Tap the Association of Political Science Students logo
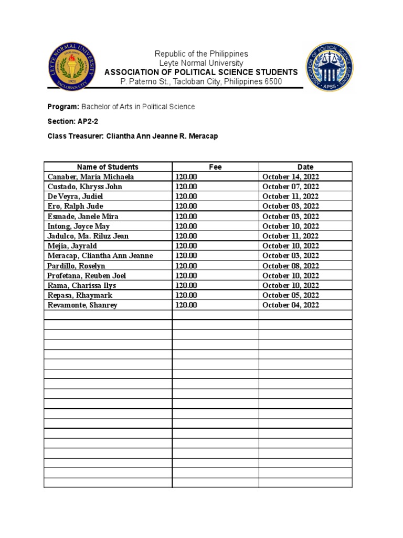[x=330, y=67]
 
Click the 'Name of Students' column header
[x=108, y=167]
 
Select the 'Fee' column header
[x=215, y=167]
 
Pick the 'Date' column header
[x=305, y=167]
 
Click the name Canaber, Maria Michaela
[x=91, y=177]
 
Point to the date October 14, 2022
[x=290, y=177]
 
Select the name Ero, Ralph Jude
[x=75, y=206]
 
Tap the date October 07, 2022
[x=290, y=187]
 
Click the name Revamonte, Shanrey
[x=82, y=305]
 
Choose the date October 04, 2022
[x=290, y=305]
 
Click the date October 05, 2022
[x=290, y=295]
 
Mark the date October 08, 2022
[x=290, y=266]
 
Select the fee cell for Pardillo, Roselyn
[x=186, y=266]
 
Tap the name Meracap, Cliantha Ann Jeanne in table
[x=100, y=256]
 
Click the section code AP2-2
[x=88, y=121]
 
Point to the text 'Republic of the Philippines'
[x=201, y=54]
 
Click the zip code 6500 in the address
[x=273, y=81]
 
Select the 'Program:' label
[x=63, y=107]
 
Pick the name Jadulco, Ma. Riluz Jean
[x=88, y=236]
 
